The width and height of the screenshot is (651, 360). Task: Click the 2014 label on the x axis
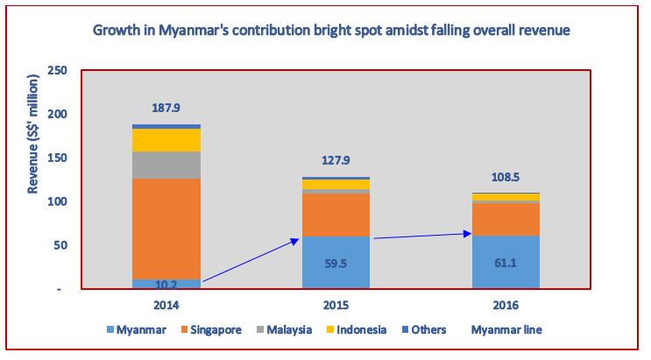tap(166, 305)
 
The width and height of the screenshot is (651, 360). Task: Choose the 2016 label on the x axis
tap(506, 305)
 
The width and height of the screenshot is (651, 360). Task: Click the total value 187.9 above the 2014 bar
tap(166, 108)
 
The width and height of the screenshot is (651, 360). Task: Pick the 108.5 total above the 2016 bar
tap(506, 177)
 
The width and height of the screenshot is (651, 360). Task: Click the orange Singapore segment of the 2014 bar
tap(166, 228)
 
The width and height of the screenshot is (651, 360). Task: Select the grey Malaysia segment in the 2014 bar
tap(166, 165)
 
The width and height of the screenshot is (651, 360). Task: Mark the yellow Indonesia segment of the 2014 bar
tap(166, 140)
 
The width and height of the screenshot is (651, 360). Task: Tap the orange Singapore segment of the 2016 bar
tap(506, 219)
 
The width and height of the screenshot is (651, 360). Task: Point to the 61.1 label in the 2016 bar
tap(506, 260)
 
